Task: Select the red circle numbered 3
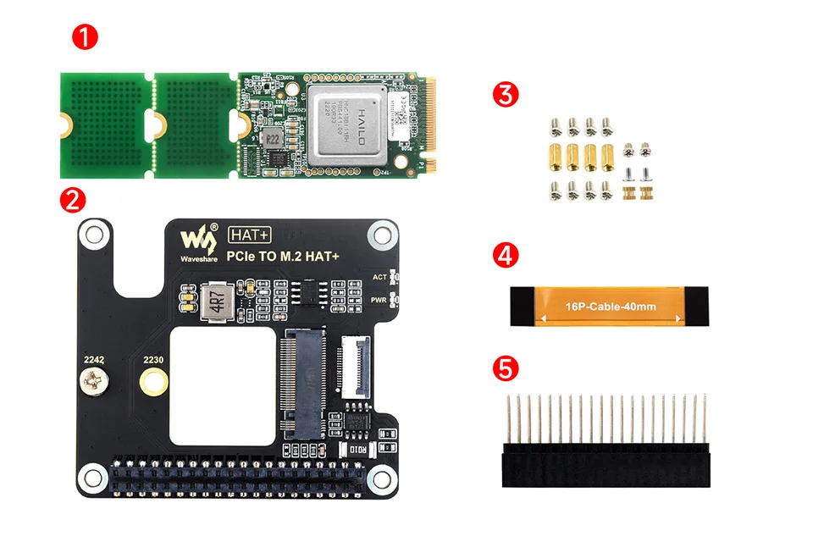506,94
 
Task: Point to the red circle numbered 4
506,257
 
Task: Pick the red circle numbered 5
506,368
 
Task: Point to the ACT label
381,277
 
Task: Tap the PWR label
381,301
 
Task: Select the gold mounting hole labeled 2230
152,385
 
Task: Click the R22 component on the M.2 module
273,138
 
